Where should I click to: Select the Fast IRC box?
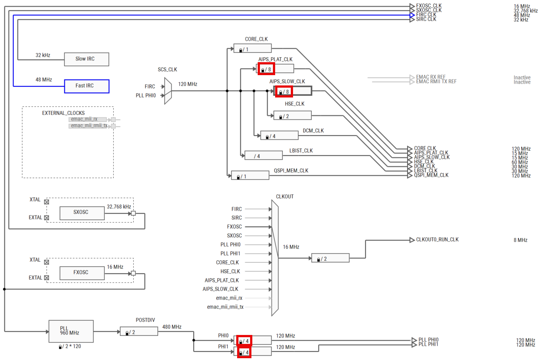coord(87,86)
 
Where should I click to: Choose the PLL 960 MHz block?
coord(71,331)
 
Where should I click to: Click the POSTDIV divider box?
coord(139,331)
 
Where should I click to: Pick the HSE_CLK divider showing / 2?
coord(292,115)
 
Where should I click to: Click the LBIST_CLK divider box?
coord(264,155)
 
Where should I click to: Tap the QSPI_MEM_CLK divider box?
coord(250,175)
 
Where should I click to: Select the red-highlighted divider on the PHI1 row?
coord(244,352)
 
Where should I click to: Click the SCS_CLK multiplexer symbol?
coord(168,91)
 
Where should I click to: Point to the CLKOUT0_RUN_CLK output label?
coord(437,240)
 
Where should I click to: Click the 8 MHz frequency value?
coord(520,240)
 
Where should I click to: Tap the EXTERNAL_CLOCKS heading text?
coord(63,113)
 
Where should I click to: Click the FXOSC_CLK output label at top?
coord(428,6)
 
